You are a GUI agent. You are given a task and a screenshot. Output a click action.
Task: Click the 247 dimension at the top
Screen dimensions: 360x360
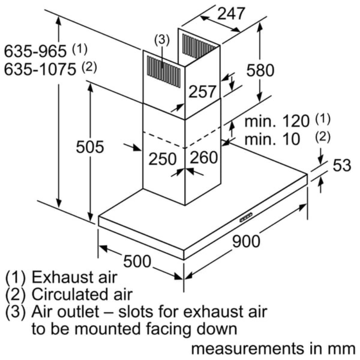[x=231, y=13]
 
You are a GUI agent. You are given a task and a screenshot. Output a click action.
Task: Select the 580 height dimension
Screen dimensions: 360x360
[x=260, y=70]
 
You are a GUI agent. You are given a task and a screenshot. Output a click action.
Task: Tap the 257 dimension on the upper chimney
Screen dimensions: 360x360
[x=202, y=91]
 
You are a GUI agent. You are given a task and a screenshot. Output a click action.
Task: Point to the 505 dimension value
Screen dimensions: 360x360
[x=90, y=147]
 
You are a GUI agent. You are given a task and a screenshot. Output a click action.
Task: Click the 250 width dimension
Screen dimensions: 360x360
[x=162, y=159]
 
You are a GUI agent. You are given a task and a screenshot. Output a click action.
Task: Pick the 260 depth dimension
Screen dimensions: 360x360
[x=204, y=157]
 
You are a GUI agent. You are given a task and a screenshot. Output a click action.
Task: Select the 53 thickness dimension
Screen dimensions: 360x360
[x=342, y=165]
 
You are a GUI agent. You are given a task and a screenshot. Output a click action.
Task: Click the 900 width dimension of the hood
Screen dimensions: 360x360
[x=246, y=242]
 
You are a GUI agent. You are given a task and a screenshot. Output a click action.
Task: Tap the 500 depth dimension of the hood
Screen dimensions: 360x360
[x=137, y=261]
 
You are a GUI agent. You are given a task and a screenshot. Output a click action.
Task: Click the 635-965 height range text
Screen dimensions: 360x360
[x=36, y=51]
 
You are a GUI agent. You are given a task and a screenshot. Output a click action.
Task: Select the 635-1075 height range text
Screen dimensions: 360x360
[x=40, y=69]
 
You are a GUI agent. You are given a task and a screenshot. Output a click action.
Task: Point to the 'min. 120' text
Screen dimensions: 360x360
[x=277, y=121]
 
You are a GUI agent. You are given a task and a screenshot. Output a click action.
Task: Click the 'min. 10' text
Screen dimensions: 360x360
[x=272, y=139]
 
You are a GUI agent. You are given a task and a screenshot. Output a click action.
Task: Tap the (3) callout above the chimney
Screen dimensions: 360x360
[x=162, y=40]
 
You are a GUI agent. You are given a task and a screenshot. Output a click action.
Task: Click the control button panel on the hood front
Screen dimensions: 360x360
[x=246, y=217]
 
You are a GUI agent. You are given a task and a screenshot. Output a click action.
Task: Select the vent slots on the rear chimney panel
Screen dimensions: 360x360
[x=198, y=46]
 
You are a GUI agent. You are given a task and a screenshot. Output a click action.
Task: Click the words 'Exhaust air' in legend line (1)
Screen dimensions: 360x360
[x=74, y=277]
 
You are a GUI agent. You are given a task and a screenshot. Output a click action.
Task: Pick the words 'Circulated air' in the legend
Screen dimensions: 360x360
[x=82, y=294]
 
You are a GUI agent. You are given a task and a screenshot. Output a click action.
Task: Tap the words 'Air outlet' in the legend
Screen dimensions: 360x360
[x=65, y=311]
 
